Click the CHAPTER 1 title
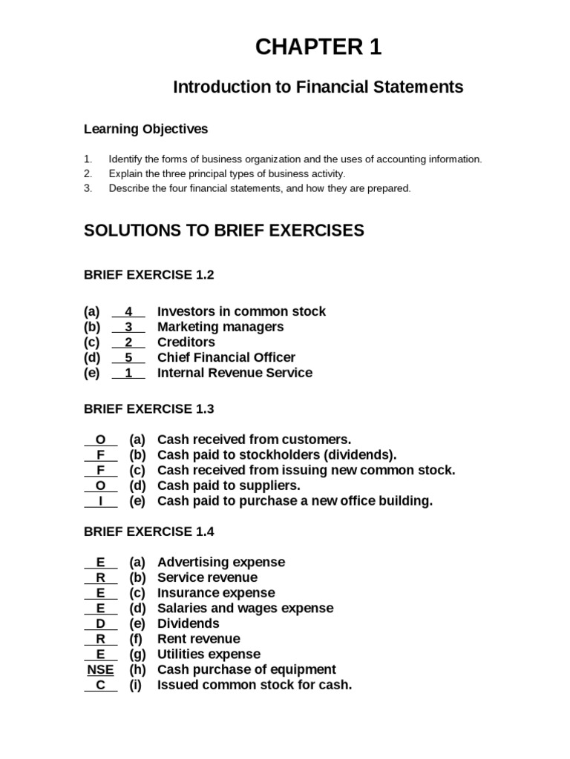coord(318,47)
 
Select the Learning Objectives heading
coord(145,130)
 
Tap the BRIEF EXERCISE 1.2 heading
coord(148,275)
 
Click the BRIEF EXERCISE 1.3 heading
coord(148,408)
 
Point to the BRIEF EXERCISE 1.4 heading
coord(148,531)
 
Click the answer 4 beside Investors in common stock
coord(128,312)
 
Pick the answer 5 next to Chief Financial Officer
coord(128,358)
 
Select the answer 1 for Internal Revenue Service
coord(128,373)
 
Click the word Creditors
coord(186,342)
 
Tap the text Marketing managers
coord(220,327)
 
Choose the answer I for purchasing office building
coord(101,501)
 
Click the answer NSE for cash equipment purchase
coord(100,670)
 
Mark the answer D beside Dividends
coord(101,624)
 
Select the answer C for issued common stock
coord(101,685)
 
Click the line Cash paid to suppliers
coord(229,485)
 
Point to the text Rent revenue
coord(199,639)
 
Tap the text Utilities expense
coord(209,654)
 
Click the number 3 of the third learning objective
coord(88,188)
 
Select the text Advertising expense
coord(221,563)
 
